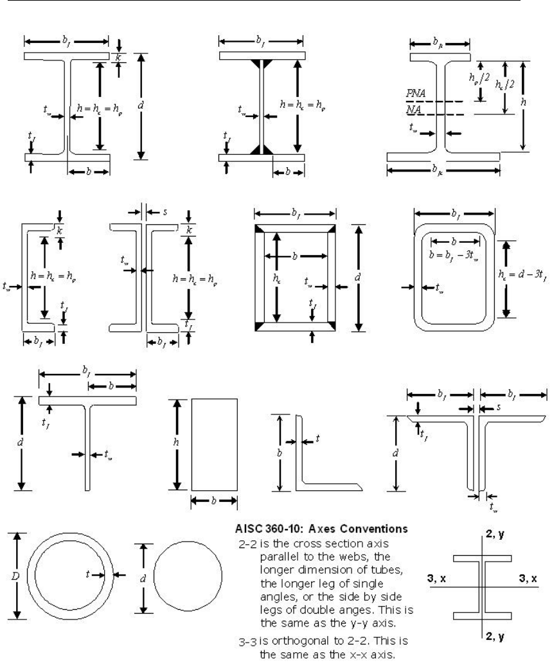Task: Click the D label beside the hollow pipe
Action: coord(15,576)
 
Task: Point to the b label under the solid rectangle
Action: coord(213,501)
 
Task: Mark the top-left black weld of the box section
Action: coord(259,229)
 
